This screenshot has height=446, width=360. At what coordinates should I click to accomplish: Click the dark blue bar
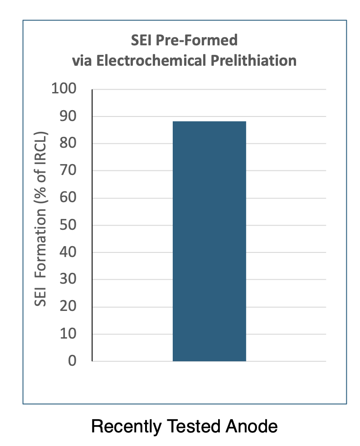pyautogui.click(x=209, y=241)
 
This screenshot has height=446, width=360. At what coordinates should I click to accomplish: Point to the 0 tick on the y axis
pyautogui.click(x=72, y=361)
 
